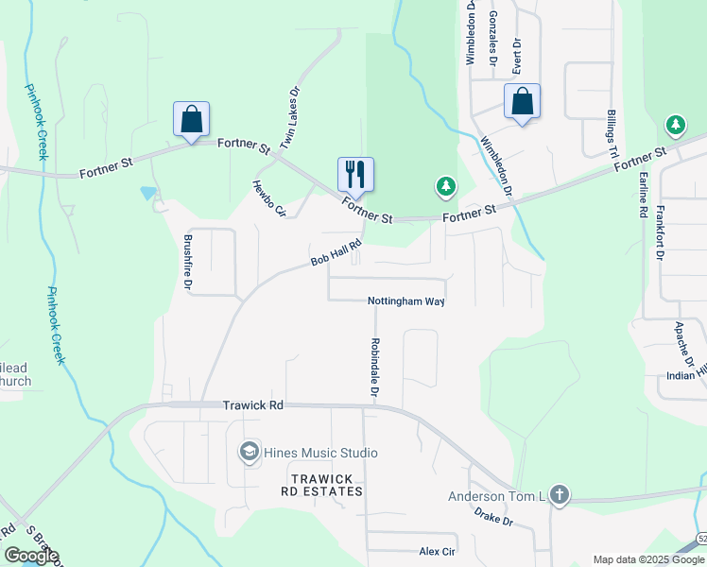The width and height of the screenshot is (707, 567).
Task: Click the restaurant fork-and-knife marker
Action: click(355, 174)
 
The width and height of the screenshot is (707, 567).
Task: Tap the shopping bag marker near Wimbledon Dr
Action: click(522, 101)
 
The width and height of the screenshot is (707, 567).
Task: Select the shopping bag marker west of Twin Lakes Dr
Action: click(191, 119)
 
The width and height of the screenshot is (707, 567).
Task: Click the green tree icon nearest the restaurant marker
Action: click(445, 186)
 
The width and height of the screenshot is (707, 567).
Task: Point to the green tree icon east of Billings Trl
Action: click(675, 125)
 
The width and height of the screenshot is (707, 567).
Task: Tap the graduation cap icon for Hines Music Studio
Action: click(250, 452)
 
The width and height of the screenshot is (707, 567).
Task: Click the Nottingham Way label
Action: click(405, 301)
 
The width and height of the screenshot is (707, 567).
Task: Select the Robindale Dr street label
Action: click(375, 367)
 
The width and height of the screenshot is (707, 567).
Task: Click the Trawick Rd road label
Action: click(252, 404)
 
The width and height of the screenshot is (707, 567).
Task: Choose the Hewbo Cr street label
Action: click(268, 199)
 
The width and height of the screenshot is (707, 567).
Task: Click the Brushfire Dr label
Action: click(188, 261)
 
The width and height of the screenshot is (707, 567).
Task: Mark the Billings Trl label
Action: click(612, 132)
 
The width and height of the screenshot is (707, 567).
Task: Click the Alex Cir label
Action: click(437, 551)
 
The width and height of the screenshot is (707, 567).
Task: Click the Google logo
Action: click(32, 556)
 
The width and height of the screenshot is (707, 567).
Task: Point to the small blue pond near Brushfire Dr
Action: click(148, 193)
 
